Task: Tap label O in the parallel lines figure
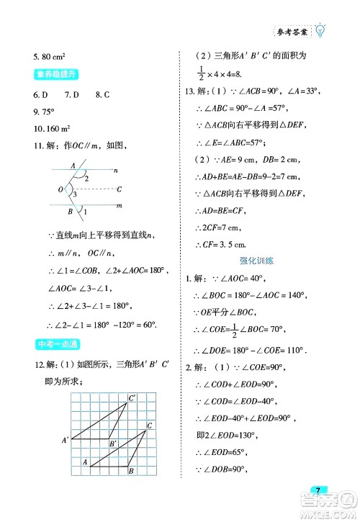61,189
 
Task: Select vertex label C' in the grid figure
132,397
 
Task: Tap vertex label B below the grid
130,472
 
